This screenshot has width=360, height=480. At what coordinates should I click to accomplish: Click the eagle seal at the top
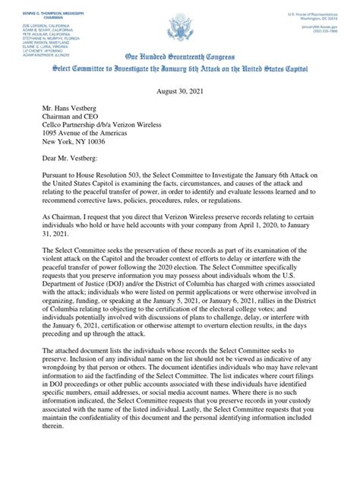179,31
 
